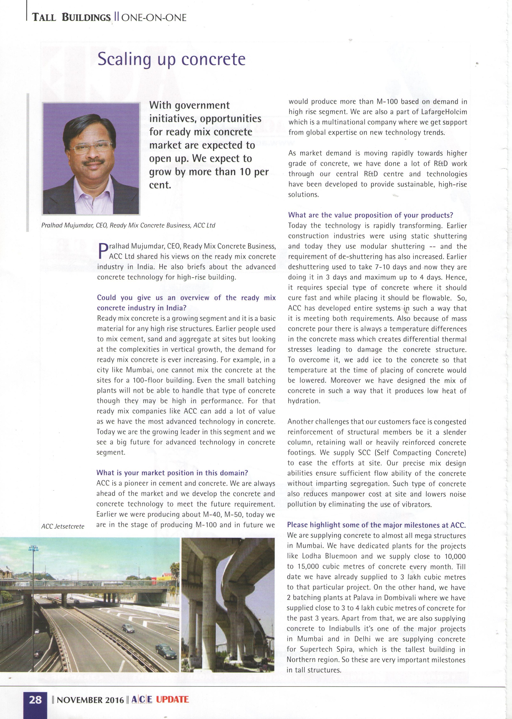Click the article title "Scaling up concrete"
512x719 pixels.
[x=171, y=59]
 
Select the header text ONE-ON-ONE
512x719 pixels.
[x=154, y=18]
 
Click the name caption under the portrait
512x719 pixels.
[x=128, y=225]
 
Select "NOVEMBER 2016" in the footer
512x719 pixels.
[x=90, y=700]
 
